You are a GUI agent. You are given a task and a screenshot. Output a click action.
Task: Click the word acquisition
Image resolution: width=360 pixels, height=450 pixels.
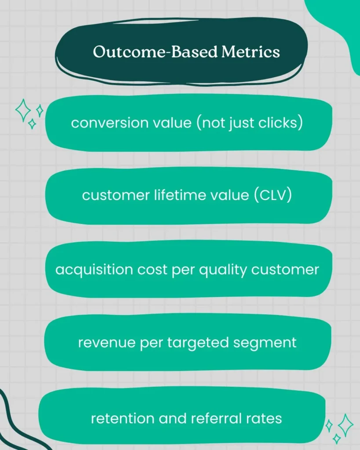[x=85, y=269]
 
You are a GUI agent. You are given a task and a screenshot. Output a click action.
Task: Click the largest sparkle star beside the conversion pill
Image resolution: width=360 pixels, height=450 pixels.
[x=23, y=110]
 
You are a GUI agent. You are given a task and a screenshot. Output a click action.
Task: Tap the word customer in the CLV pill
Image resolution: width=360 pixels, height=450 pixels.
[x=112, y=195]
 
